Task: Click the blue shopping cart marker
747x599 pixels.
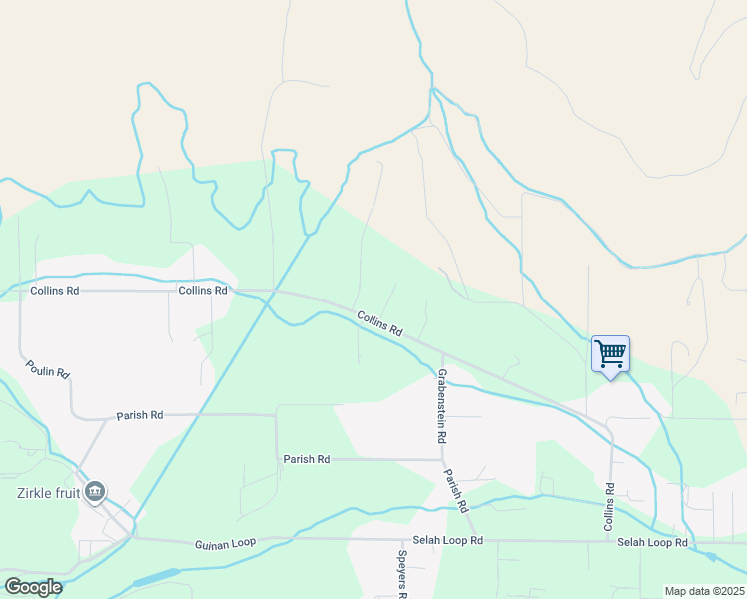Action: (610, 354)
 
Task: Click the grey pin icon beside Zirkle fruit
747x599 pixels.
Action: (95, 491)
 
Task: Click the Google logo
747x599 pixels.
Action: (33, 586)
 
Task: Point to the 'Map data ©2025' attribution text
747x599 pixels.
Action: (704, 591)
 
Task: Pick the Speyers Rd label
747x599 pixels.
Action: (403, 574)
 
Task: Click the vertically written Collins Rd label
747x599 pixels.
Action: (608, 505)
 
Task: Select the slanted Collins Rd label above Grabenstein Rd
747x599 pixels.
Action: (379, 323)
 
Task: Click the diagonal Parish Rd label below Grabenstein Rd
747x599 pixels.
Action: (456, 490)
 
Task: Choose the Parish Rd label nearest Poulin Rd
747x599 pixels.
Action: (139, 415)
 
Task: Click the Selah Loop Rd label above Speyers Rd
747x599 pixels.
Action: (449, 541)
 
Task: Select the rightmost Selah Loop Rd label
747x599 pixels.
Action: (652, 542)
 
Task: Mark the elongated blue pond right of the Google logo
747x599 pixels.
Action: (154, 577)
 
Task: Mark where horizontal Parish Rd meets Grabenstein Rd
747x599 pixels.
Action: (442, 460)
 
